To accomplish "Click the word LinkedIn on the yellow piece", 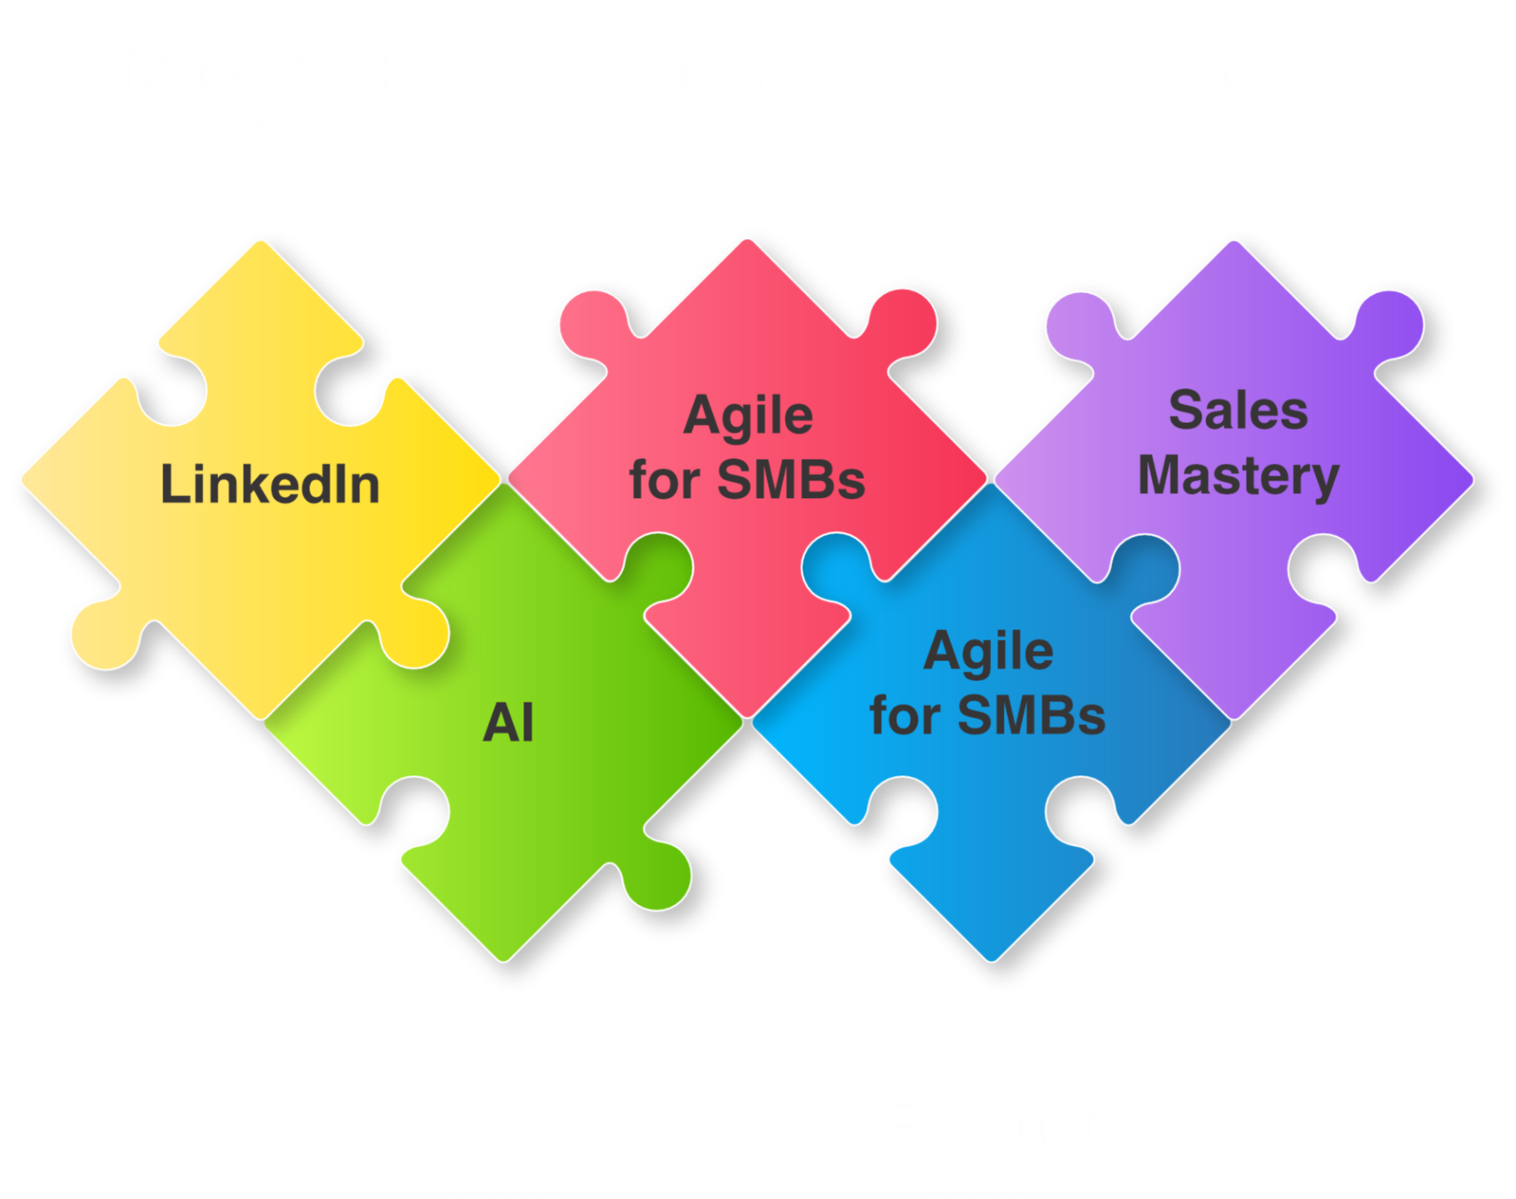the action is (x=270, y=485).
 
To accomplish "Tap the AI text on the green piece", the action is (x=508, y=723).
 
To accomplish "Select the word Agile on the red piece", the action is (x=748, y=416).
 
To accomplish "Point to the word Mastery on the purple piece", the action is (x=1239, y=476).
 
